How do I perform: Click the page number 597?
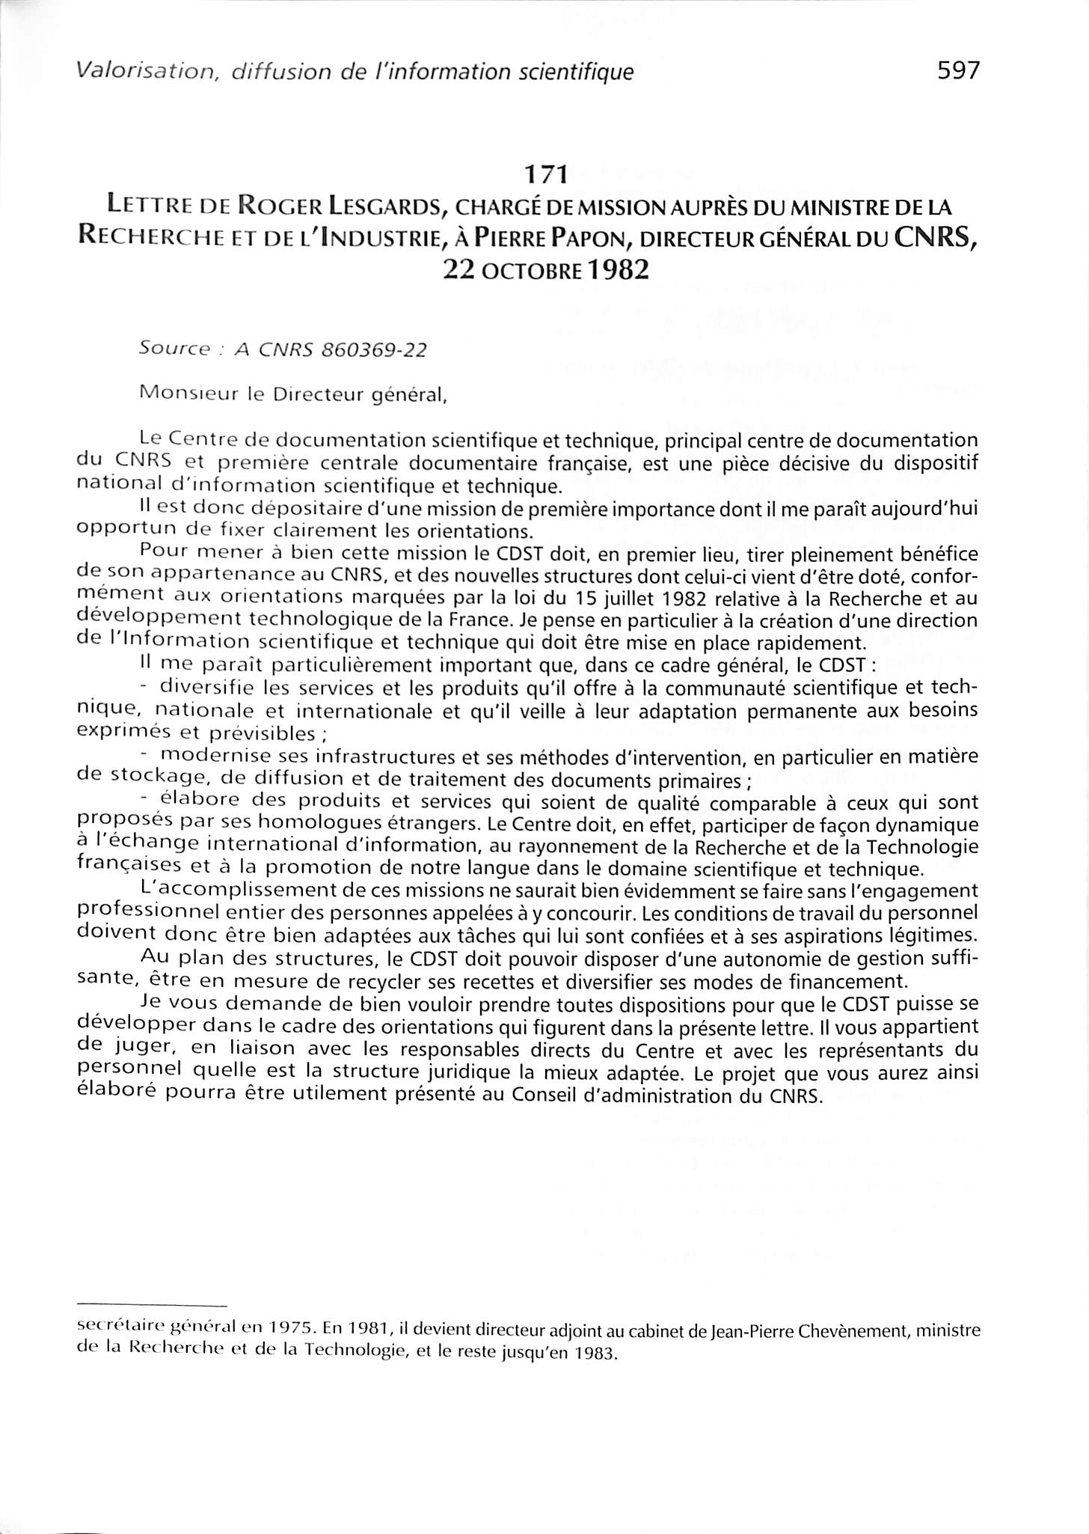[x=957, y=70]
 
